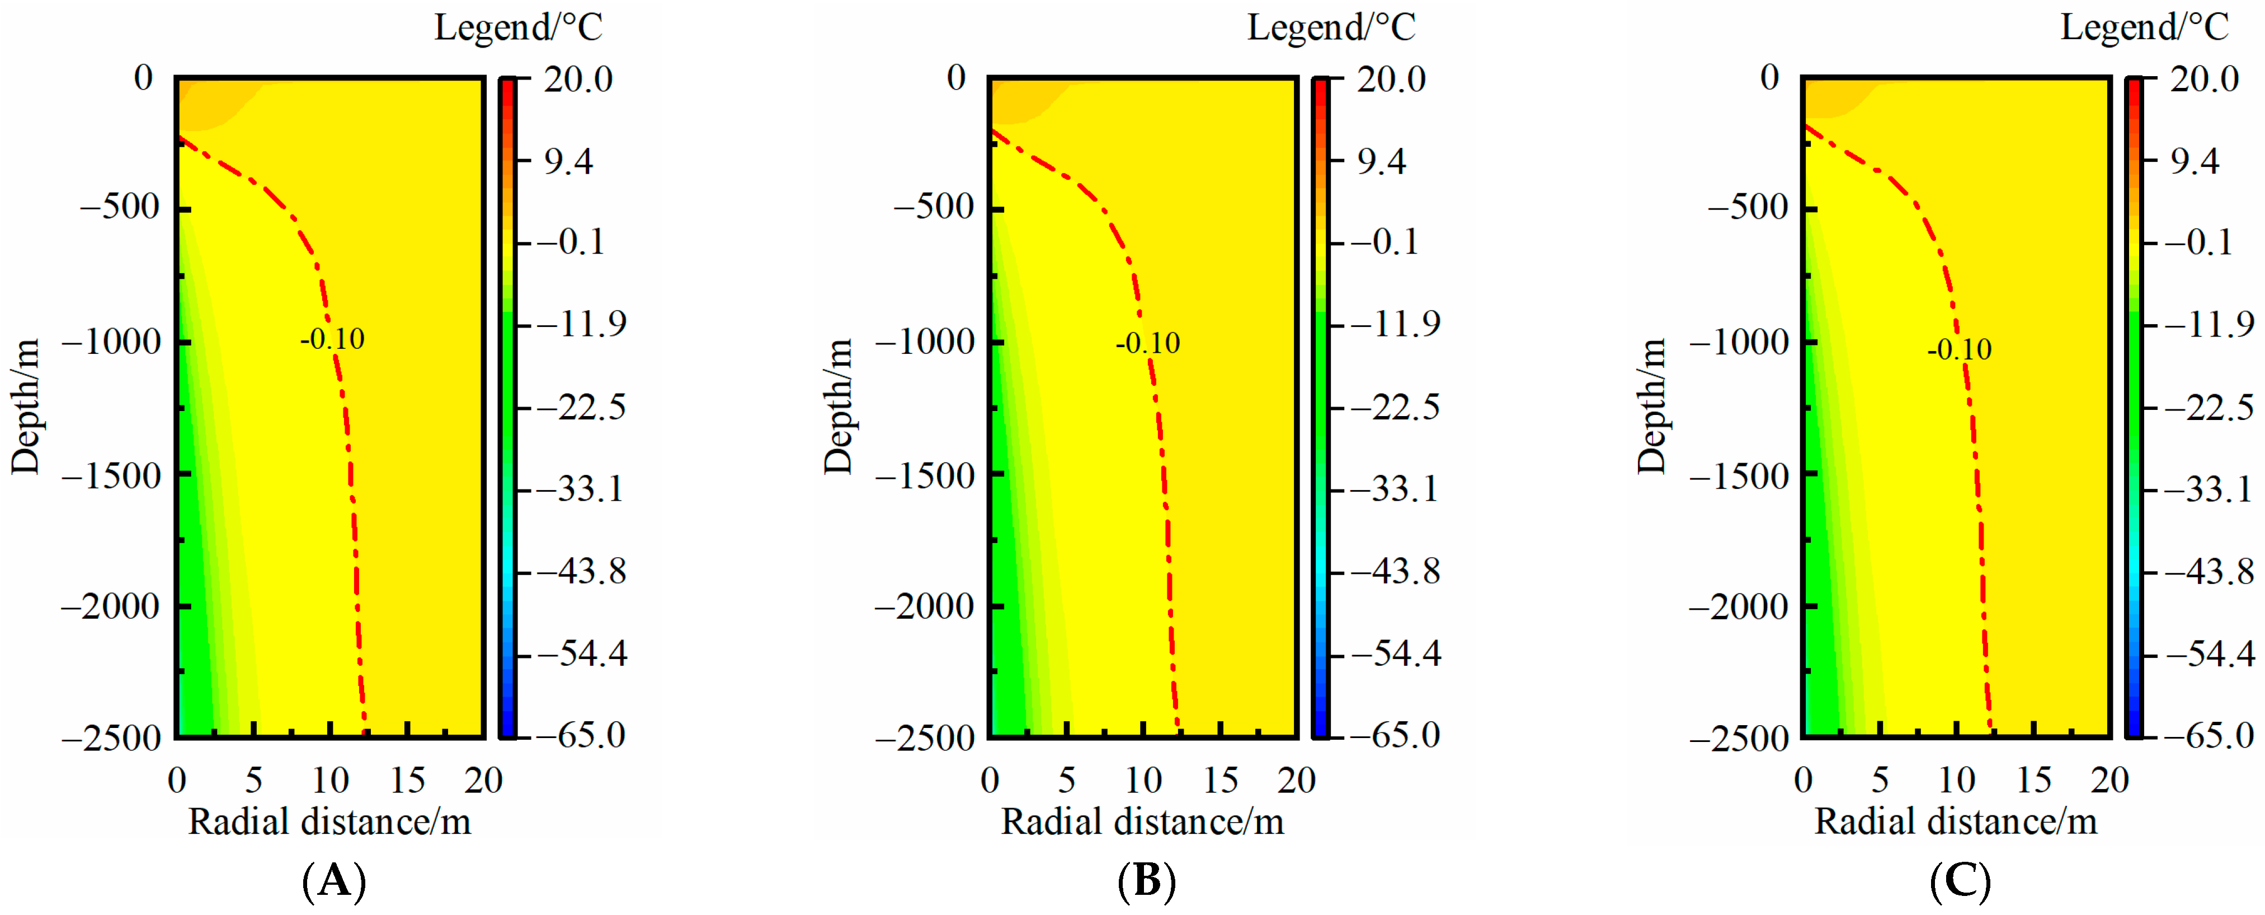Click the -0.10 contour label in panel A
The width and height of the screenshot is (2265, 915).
(x=332, y=339)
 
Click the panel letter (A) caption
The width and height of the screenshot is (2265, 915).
(x=333, y=880)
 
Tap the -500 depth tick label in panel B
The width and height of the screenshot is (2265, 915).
(x=933, y=208)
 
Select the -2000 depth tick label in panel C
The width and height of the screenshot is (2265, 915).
(x=1738, y=606)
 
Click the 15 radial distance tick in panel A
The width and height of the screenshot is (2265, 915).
(x=407, y=779)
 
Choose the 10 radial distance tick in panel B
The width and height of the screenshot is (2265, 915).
(x=1143, y=779)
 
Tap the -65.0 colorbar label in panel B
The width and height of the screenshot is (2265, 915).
(x=1395, y=734)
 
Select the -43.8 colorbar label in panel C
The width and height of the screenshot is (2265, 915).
(x=2209, y=572)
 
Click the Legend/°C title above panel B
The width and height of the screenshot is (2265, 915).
(x=1331, y=27)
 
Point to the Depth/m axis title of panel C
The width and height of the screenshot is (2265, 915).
(x=1651, y=407)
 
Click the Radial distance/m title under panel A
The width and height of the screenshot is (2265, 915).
(x=329, y=821)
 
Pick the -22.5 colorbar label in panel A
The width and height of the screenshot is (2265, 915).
(x=581, y=407)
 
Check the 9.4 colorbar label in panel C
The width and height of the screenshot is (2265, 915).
(x=2194, y=161)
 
